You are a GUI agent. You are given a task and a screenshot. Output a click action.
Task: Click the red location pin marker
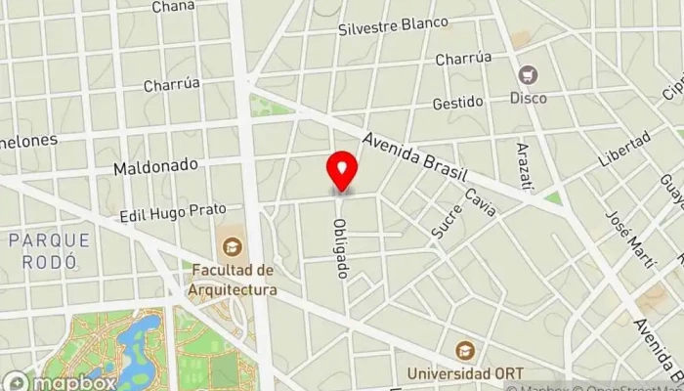pyautogui.click(x=342, y=170)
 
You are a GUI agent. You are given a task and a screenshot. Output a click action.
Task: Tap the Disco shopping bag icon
pyautogui.click(x=529, y=75)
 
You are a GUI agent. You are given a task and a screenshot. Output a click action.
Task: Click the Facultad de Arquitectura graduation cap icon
pyautogui.click(x=233, y=246)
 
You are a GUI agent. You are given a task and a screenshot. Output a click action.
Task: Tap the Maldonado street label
pyautogui.click(x=155, y=168)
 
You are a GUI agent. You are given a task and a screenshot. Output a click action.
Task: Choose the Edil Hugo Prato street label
pyautogui.click(x=174, y=210)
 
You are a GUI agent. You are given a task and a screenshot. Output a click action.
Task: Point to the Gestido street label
pyautogui.click(x=458, y=102)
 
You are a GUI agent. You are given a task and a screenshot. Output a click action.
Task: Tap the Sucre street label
pyautogui.click(x=446, y=224)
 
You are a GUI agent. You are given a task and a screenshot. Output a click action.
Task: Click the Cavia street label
pyautogui.click(x=479, y=202)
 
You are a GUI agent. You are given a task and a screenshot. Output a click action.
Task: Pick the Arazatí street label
pyautogui.click(x=523, y=161)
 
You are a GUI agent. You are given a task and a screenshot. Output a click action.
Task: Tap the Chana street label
pyautogui.click(x=173, y=7)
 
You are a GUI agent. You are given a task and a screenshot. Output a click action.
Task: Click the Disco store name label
pyautogui.click(x=529, y=97)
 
